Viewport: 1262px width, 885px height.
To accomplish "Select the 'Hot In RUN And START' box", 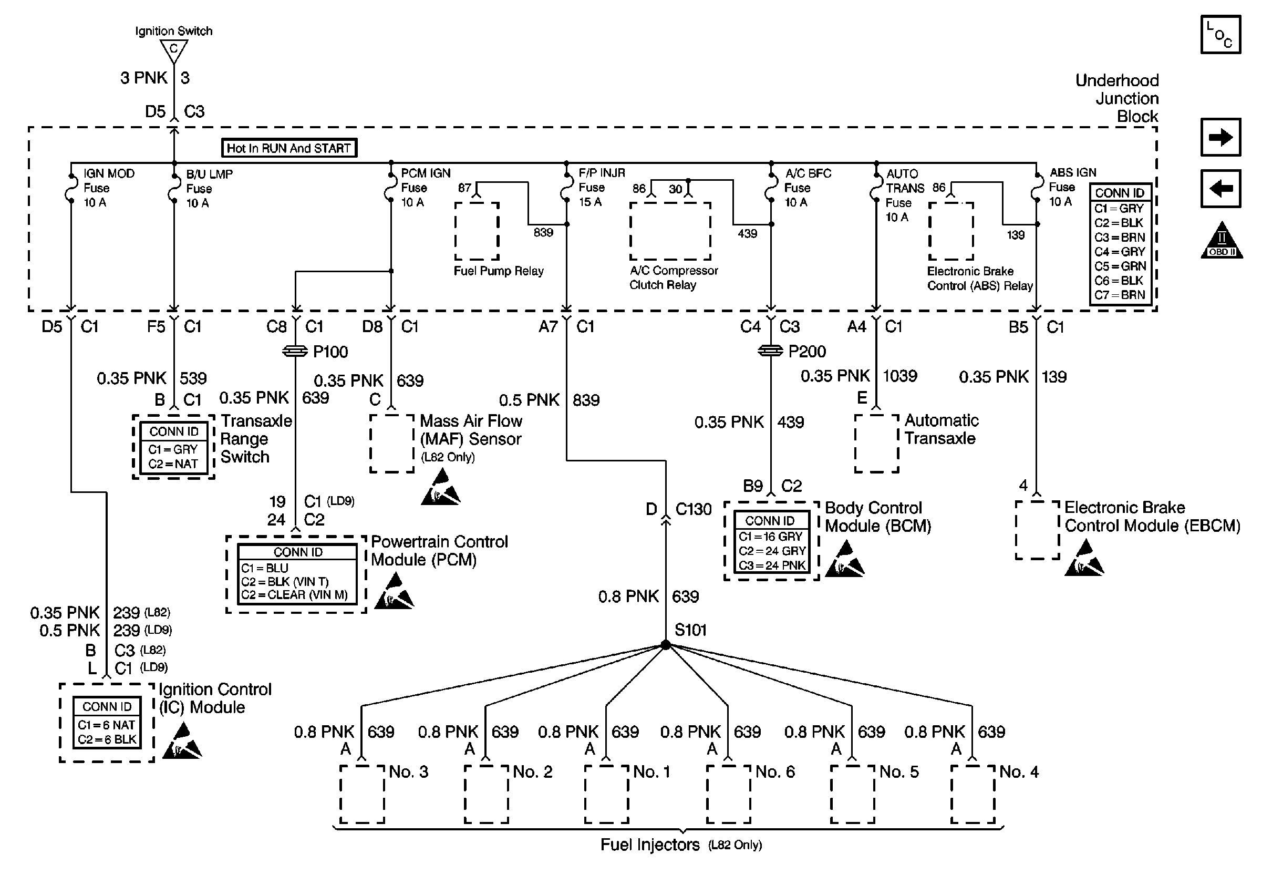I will pos(288,148).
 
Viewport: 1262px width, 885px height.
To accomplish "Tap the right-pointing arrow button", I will pos(1220,137).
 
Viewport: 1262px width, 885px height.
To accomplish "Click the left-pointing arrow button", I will pos(1220,189).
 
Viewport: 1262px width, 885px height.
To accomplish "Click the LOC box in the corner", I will pos(1220,35).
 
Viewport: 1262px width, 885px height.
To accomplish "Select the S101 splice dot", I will pos(666,645).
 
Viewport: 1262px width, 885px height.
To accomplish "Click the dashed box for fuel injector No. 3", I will pos(362,794).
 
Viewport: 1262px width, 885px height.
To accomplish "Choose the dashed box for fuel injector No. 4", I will pos(973,794).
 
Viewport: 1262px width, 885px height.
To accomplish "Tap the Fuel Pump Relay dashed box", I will pos(477,231).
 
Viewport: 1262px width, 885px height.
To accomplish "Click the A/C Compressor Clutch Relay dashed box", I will pos(670,231).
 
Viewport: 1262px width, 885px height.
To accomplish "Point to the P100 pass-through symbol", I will pos(295,351).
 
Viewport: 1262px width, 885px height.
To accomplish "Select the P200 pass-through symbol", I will pos(770,351).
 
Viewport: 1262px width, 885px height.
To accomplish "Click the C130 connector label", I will pos(693,510).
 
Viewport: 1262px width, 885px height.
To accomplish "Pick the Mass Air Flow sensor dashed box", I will pos(391,444).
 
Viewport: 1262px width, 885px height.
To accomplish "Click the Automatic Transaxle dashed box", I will pos(877,444).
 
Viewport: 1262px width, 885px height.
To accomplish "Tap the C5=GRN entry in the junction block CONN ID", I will pos(1120,266).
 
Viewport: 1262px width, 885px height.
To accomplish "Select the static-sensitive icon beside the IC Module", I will pos(182,742).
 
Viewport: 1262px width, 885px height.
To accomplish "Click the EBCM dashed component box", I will pos(1037,530).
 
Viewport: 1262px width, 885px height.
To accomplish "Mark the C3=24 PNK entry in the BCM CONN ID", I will pos(772,565).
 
